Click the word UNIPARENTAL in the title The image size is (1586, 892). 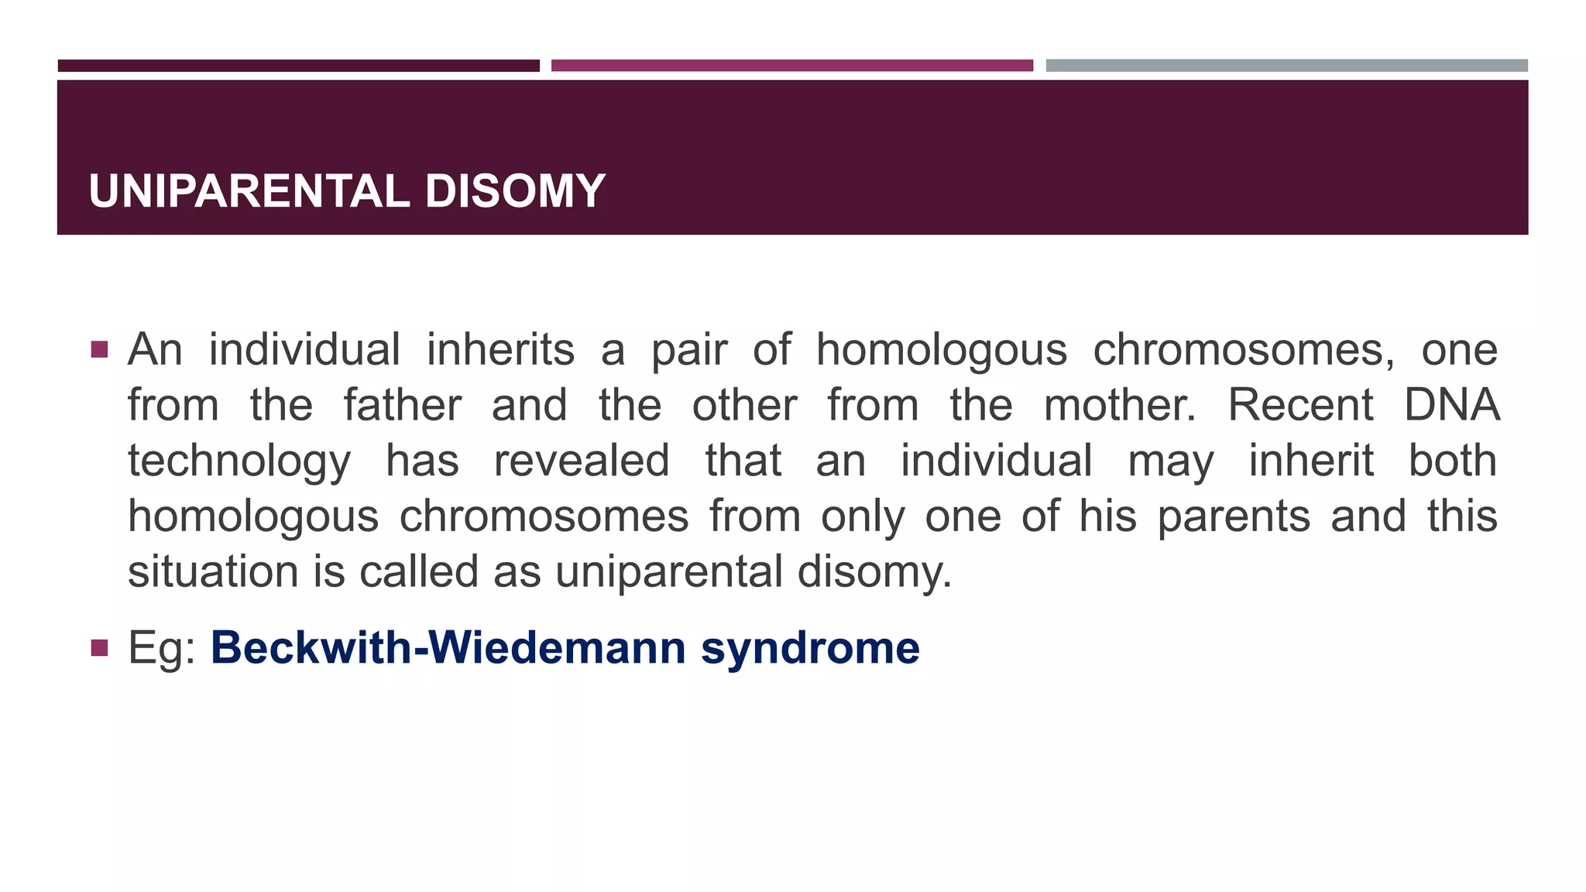point(249,191)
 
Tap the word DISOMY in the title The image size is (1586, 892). point(515,191)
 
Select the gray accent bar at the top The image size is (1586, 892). point(1286,66)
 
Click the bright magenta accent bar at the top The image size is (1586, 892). point(791,66)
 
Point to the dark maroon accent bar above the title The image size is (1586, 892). point(299,66)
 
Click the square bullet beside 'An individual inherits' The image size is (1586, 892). point(99,349)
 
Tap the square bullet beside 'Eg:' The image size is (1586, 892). point(99,647)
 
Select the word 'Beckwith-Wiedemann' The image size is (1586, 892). point(448,647)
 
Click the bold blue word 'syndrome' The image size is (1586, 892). point(810,647)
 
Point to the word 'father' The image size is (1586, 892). point(403,405)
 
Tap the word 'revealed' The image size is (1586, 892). point(582,461)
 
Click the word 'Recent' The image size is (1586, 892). point(1300,405)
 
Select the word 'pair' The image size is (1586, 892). point(688,351)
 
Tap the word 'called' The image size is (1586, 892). point(419,572)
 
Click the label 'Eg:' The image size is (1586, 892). point(162,648)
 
